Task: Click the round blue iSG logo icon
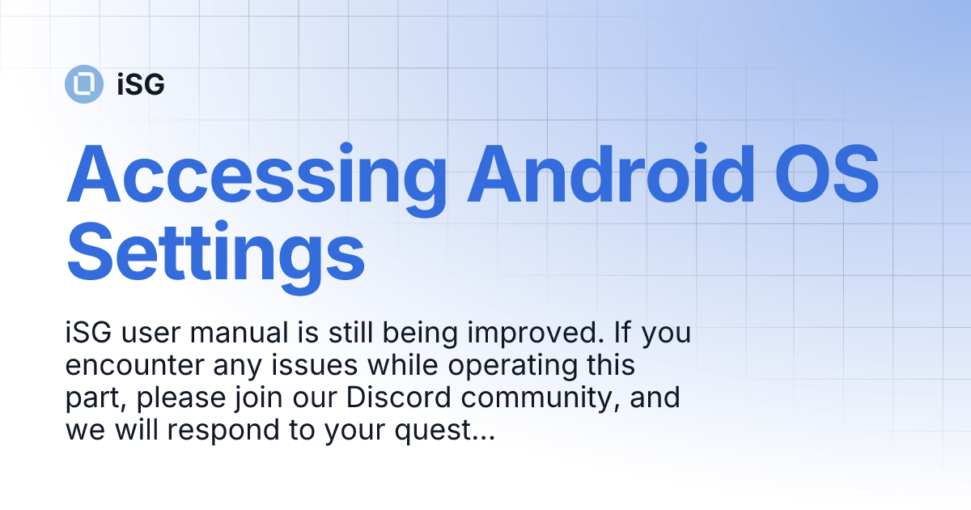[x=83, y=83]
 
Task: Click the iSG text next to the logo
[x=141, y=84]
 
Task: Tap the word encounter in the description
[x=125, y=366]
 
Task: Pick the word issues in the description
[x=320, y=366]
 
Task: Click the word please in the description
[x=183, y=398]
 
